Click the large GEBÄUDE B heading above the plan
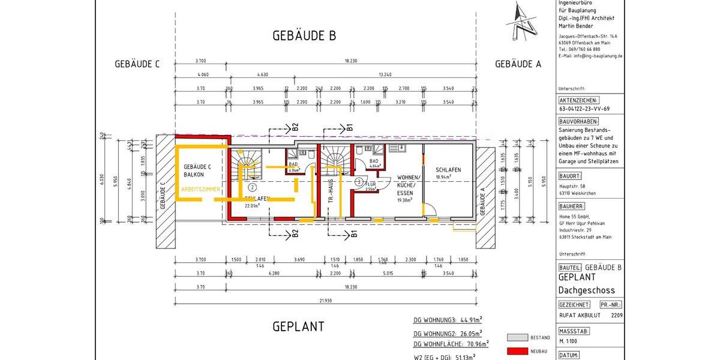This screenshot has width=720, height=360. click(x=304, y=35)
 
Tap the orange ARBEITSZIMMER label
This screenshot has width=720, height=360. click(x=201, y=189)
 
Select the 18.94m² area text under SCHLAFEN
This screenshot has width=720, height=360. click(x=448, y=178)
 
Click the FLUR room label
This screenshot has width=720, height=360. click(x=372, y=184)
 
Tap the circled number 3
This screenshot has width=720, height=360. click(x=359, y=181)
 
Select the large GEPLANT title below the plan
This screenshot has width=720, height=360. click(x=298, y=326)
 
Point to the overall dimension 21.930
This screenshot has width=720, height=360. click(x=326, y=300)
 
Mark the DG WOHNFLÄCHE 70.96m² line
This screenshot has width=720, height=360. click(x=451, y=344)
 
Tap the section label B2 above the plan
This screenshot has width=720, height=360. click(x=295, y=127)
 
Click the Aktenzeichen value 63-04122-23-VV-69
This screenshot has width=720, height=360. click(x=584, y=109)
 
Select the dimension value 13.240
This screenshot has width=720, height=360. click(x=385, y=74)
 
